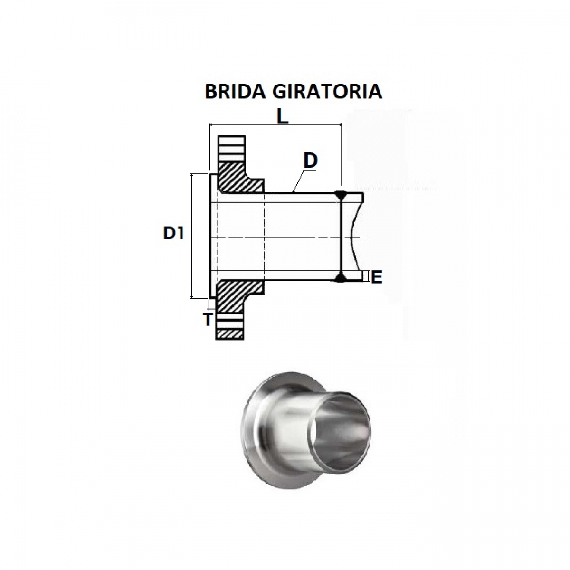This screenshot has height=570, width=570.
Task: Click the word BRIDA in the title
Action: click(x=236, y=92)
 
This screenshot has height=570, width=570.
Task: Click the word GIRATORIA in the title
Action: click(x=328, y=92)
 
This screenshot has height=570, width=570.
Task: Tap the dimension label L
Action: click(x=282, y=118)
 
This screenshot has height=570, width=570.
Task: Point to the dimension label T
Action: click(x=208, y=319)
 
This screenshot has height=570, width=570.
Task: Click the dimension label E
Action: click(x=376, y=277)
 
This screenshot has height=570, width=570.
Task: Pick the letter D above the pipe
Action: click(x=310, y=161)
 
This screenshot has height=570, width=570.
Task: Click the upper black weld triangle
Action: click(x=341, y=195)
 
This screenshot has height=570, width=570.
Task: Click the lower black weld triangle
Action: click(x=341, y=277)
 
